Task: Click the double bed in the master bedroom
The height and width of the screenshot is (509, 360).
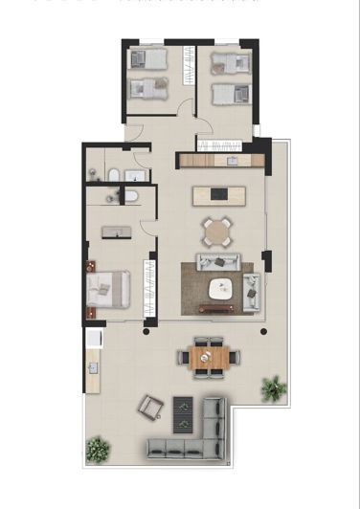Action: [x=107, y=289]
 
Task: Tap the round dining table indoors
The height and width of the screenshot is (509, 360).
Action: [x=217, y=231]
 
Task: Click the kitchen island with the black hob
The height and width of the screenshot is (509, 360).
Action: [x=219, y=195]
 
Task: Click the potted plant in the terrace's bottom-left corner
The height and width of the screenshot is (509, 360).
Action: [x=97, y=448]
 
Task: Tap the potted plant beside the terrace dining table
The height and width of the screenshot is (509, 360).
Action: [x=274, y=387]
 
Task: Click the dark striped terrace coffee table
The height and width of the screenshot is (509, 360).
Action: [x=183, y=413]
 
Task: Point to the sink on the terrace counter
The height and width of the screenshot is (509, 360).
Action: [x=93, y=366]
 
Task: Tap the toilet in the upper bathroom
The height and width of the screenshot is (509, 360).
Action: [x=113, y=173]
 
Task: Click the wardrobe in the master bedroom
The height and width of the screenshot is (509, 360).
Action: [x=148, y=286]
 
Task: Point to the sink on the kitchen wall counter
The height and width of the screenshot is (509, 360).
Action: [x=230, y=160]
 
